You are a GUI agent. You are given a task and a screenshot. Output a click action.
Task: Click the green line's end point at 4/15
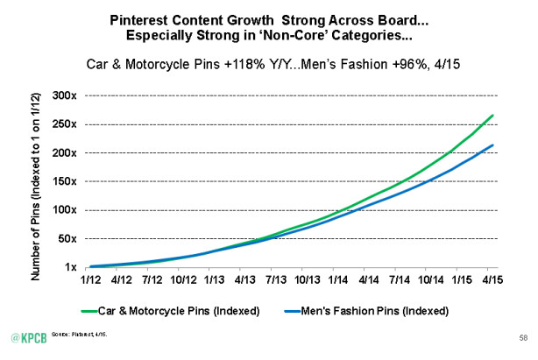493,116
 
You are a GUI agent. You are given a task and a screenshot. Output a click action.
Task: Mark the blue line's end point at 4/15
493,145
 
